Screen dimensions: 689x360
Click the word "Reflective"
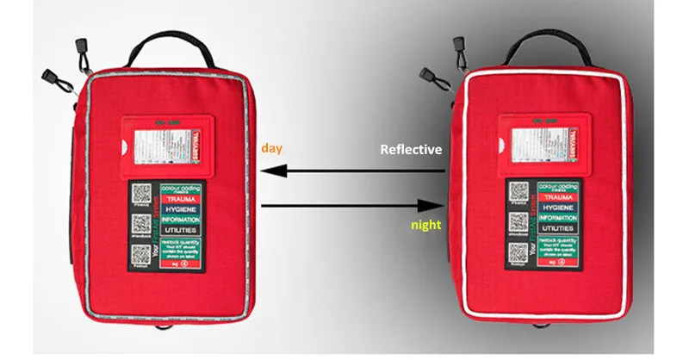[x=412, y=150]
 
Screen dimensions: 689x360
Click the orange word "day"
[x=273, y=148]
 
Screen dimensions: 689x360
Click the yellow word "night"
[x=425, y=225]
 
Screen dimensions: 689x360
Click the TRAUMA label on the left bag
[x=178, y=199]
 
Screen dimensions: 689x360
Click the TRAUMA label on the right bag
[x=556, y=198]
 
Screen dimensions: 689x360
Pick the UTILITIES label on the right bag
[x=556, y=230]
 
